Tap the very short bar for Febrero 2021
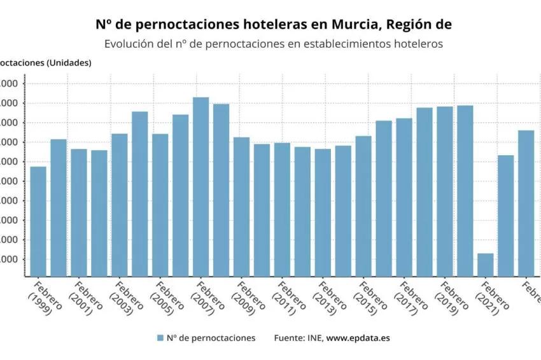click(x=485, y=265)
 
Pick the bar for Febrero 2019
click(x=445, y=191)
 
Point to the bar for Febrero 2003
click(x=120, y=204)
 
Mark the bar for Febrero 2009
click(x=241, y=206)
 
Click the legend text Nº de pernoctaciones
click(x=211, y=338)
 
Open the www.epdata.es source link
click(x=358, y=338)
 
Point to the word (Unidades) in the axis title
click(x=67, y=62)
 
